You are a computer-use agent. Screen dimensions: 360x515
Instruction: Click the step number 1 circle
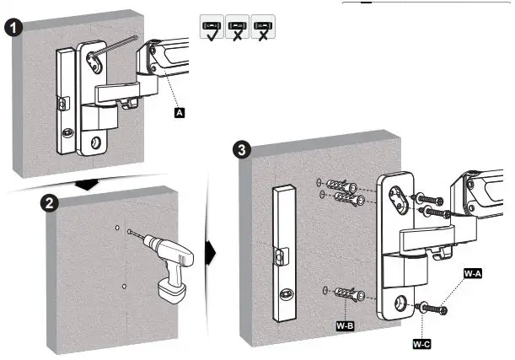(13, 26)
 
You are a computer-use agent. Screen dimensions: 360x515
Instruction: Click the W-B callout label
(344, 324)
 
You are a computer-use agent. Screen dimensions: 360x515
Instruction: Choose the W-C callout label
(421, 345)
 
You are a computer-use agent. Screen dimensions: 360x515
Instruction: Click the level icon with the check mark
(211, 28)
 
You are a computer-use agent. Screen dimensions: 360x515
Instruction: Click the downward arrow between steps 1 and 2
(85, 184)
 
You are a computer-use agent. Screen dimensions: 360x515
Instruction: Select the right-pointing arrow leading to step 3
(211, 252)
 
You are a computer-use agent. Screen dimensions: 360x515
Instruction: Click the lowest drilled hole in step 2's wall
(123, 287)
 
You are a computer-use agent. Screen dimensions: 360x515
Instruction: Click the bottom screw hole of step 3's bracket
(396, 302)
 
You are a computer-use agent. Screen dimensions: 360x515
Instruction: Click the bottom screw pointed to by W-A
(437, 310)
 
